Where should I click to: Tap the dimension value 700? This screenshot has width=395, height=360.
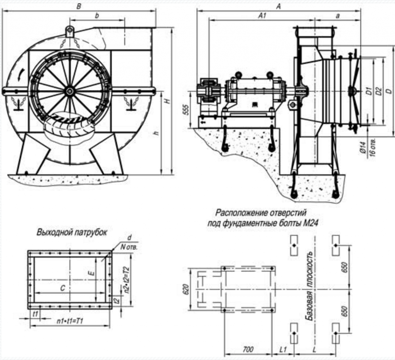248,349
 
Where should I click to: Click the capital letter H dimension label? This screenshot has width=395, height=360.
167,101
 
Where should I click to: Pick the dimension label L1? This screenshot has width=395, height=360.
283,349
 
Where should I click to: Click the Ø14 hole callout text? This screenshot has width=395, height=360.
363,149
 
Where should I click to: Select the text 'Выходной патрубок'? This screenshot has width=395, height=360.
72,233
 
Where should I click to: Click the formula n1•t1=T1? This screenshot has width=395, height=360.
69,320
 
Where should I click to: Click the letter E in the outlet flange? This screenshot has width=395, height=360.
89,273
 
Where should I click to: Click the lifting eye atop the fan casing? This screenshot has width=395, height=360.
69,30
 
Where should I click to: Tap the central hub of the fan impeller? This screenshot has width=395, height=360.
69,91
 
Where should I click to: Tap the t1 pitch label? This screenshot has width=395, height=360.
35,314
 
